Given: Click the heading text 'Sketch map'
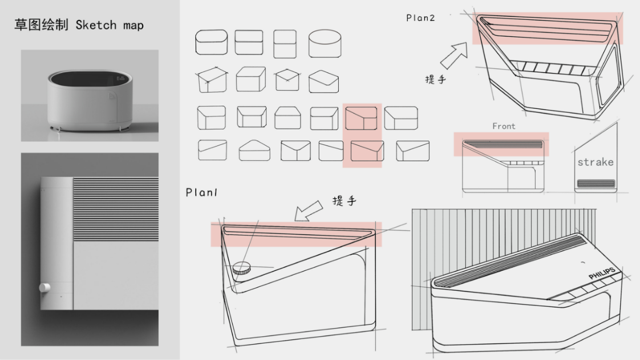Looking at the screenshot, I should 110,25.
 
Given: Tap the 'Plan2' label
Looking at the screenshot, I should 420,18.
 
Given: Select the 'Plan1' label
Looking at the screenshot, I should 201,193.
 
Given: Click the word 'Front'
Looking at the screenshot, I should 504,126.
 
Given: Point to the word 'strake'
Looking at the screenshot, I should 595,162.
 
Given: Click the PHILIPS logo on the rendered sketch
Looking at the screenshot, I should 602,274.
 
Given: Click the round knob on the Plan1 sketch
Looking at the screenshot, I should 242,267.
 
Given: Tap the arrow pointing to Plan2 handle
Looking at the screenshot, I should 453,55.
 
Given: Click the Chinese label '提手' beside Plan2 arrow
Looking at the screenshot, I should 436,79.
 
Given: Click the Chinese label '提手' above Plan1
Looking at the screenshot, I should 345,200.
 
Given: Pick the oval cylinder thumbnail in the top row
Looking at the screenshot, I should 325,43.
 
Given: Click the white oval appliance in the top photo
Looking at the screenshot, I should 90,99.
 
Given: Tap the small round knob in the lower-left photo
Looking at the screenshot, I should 44,287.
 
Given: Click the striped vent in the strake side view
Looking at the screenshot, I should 596,184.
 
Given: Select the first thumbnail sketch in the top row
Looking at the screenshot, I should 211,43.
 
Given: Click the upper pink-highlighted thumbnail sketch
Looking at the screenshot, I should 361,118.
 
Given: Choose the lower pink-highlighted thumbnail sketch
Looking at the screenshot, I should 367,151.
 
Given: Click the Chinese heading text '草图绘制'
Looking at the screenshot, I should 42,25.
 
